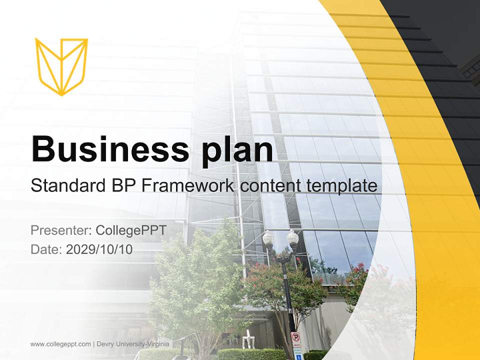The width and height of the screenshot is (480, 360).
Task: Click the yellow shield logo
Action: pos(61,66)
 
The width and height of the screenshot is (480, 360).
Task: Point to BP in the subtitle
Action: pos(121,186)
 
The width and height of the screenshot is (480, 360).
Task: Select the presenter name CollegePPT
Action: pos(131,230)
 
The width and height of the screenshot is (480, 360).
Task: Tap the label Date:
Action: pos(46,249)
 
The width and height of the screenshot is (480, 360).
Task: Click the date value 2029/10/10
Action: pos(99,249)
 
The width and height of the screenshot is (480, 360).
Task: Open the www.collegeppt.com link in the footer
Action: pos(60,344)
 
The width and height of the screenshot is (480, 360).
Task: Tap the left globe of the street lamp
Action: pos(268,238)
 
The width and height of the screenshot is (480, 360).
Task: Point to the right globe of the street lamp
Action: pos(292,238)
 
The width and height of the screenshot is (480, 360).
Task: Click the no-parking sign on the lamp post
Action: pos(295,338)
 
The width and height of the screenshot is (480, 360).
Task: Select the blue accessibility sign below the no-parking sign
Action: pos(297,353)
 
